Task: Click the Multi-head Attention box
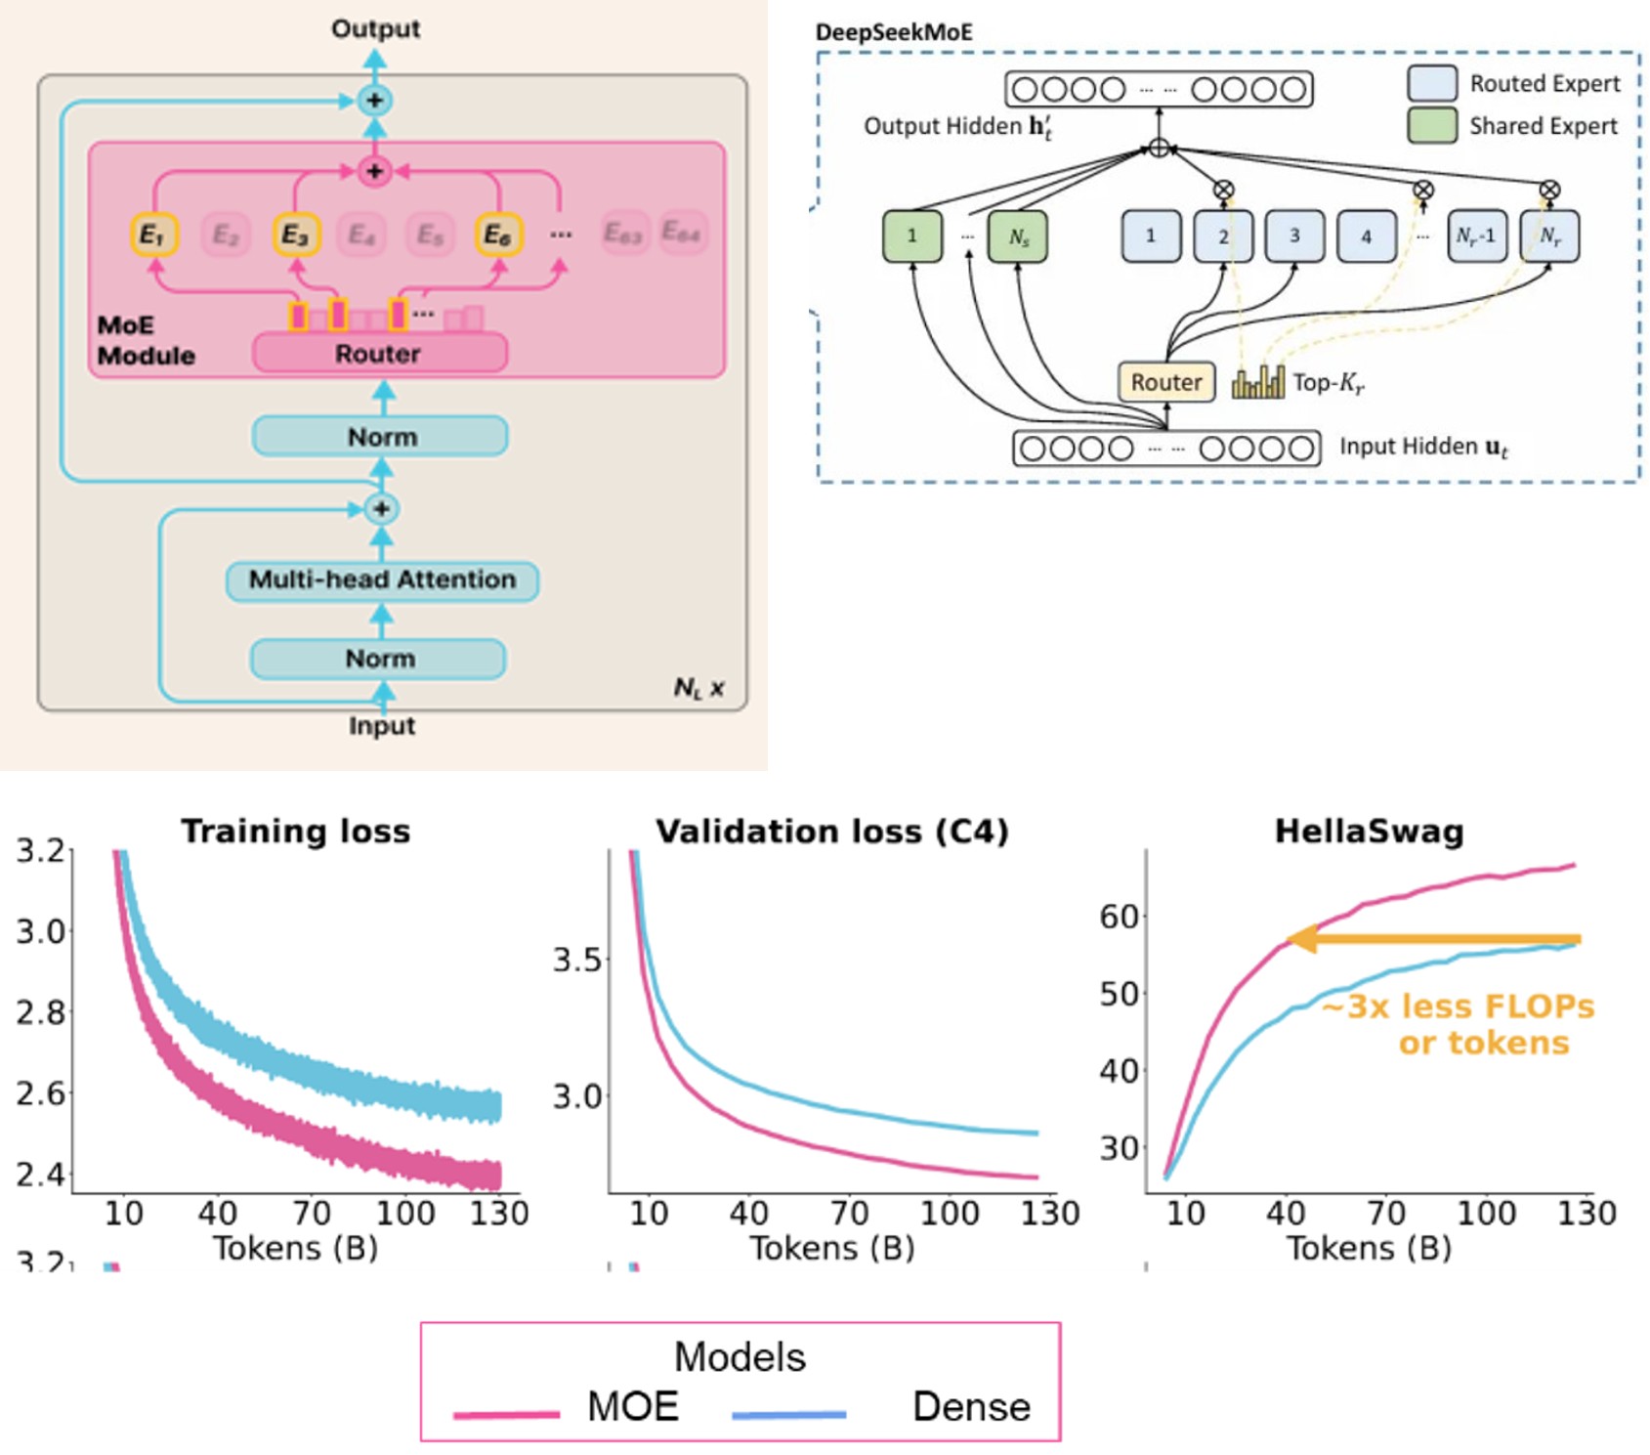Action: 382,580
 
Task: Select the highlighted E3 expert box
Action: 295,235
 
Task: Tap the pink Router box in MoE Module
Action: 379,354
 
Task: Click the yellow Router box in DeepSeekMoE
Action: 1165,382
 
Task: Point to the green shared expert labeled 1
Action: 912,236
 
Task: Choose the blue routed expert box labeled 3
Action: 1294,236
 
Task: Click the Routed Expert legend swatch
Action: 1432,84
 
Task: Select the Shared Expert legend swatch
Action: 1432,126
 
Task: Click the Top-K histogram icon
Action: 1258,382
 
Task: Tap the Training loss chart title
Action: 296,831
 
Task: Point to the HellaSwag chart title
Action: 1369,831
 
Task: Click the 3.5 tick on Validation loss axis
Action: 577,960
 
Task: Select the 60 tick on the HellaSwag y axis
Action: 1119,917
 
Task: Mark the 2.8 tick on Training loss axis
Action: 40,1012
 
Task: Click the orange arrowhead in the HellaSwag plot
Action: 1300,940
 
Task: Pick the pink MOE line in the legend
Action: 506,1414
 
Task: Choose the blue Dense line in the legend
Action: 788,1414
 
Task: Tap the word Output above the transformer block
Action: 375,28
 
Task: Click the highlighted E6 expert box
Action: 498,235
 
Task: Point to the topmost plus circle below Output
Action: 374,101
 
